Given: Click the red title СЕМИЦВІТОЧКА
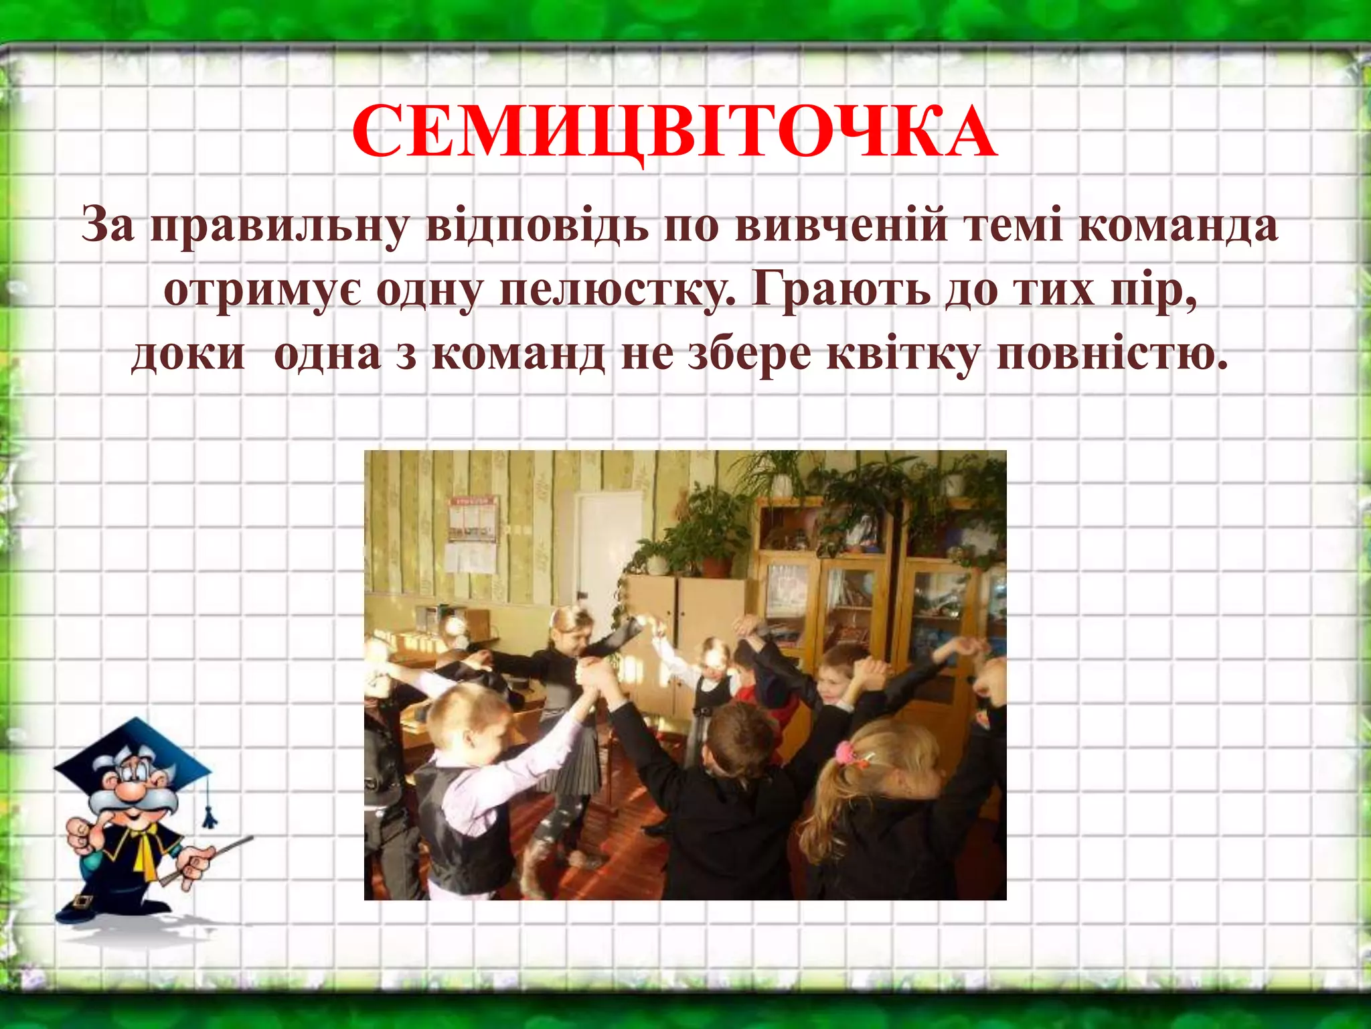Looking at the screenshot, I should pos(674,133).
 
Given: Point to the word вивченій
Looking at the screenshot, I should pos(841,226).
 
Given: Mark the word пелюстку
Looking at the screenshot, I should pos(617,291).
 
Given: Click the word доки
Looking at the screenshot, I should pos(188,354).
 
